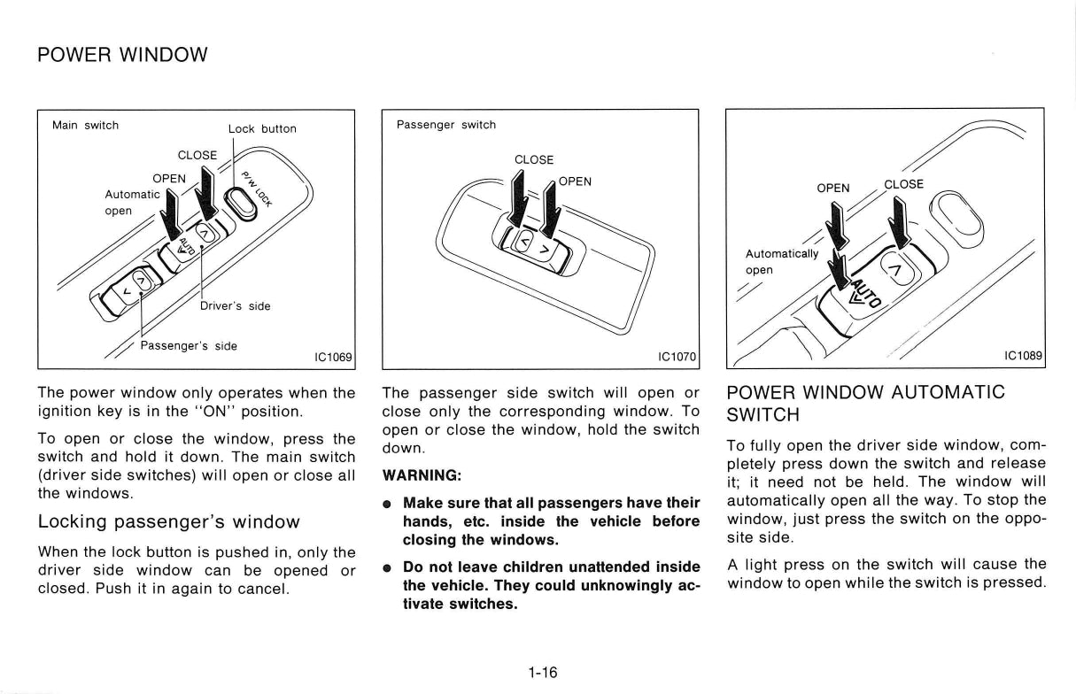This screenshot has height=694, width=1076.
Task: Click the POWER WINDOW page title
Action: (122, 55)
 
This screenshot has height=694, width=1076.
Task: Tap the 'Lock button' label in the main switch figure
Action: (262, 128)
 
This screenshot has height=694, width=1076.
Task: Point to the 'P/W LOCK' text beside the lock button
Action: (257, 189)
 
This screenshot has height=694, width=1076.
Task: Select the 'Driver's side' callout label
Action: (235, 306)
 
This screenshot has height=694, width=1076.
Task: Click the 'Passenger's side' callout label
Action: (189, 346)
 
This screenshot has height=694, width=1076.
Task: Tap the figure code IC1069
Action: (333, 358)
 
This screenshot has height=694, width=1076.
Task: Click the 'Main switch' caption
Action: (86, 126)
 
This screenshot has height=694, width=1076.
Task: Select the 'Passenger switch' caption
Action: (446, 125)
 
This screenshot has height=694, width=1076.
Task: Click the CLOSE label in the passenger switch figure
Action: (534, 160)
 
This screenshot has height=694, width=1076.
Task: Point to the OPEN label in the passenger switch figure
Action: (575, 181)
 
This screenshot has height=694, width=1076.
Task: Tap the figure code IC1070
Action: (677, 357)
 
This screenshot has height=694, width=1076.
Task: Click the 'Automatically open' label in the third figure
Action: (782, 262)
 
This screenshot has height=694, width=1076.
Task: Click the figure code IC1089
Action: (1023, 355)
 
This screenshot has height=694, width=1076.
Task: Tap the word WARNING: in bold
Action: (422, 475)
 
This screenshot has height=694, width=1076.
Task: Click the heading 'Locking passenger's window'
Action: (168, 521)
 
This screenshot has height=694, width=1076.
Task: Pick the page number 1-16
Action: (543, 673)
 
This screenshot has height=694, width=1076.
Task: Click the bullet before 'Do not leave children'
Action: (386, 568)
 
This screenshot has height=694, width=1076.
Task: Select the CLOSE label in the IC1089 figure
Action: (903, 184)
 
